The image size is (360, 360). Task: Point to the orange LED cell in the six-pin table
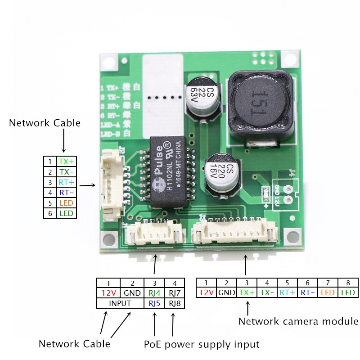click(66, 203)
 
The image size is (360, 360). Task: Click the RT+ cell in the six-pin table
click(66, 182)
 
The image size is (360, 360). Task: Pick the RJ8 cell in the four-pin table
click(174, 303)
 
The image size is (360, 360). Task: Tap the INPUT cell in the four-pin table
click(120, 303)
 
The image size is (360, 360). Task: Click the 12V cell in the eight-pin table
click(206, 292)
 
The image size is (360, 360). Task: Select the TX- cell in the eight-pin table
click(267, 292)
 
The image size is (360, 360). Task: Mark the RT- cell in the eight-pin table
click(308, 292)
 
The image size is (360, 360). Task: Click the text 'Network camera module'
click(298, 321)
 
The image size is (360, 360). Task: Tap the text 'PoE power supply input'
click(202, 345)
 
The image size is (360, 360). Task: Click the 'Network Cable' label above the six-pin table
click(45, 123)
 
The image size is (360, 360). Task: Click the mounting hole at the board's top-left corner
click(108, 62)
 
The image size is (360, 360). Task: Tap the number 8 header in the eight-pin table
click(348, 283)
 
